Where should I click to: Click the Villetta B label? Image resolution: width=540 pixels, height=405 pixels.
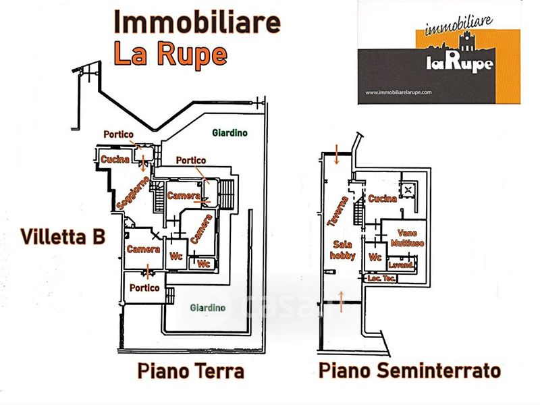[62, 237]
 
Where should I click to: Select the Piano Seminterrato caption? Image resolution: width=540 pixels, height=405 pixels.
[410, 372]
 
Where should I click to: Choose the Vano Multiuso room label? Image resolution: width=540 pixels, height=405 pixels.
[406, 238]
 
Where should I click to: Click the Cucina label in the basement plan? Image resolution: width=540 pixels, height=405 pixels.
[382, 199]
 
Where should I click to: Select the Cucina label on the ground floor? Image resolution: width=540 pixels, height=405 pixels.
[115, 159]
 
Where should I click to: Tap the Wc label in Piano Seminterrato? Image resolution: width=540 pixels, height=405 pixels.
[375, 257]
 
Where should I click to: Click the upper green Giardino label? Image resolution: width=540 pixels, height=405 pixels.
[229, 133]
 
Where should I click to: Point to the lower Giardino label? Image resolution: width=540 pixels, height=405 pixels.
[207, 308]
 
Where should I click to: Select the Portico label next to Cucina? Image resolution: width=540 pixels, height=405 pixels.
[119, 134]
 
